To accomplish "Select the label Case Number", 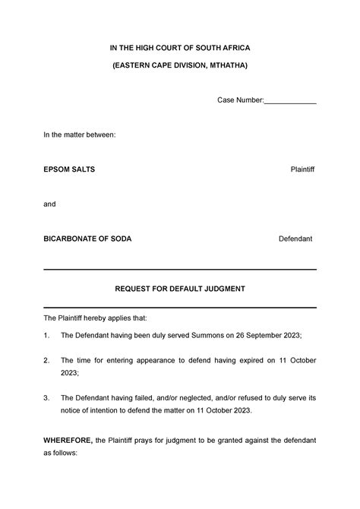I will click(240, 100).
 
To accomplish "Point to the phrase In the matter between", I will click(79, 134).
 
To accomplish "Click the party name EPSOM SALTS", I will click(69, 168).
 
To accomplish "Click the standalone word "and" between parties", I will click(49, 204).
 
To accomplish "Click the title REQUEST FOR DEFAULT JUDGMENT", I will click(180, 289).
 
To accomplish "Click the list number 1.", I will click(46, 335).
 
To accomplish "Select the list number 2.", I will click(46, 360).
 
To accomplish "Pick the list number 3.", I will click(46, 398).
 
